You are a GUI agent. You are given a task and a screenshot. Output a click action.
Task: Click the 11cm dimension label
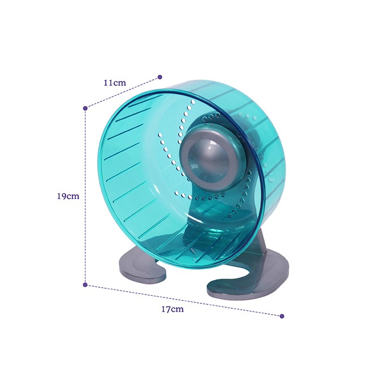tap(115, 82)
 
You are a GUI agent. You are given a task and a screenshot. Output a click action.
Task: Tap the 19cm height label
tap(68, 196)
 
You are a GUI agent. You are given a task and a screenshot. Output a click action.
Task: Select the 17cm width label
tap(173, 309)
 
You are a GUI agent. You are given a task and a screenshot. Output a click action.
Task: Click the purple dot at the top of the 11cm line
tap(160, 77)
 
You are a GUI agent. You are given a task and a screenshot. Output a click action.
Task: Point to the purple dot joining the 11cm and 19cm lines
tap(85, 108)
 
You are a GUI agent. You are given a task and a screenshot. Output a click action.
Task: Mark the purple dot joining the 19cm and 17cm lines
tap(85, 285)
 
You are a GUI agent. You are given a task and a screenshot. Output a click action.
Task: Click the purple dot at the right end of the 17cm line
tap(282, 316)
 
